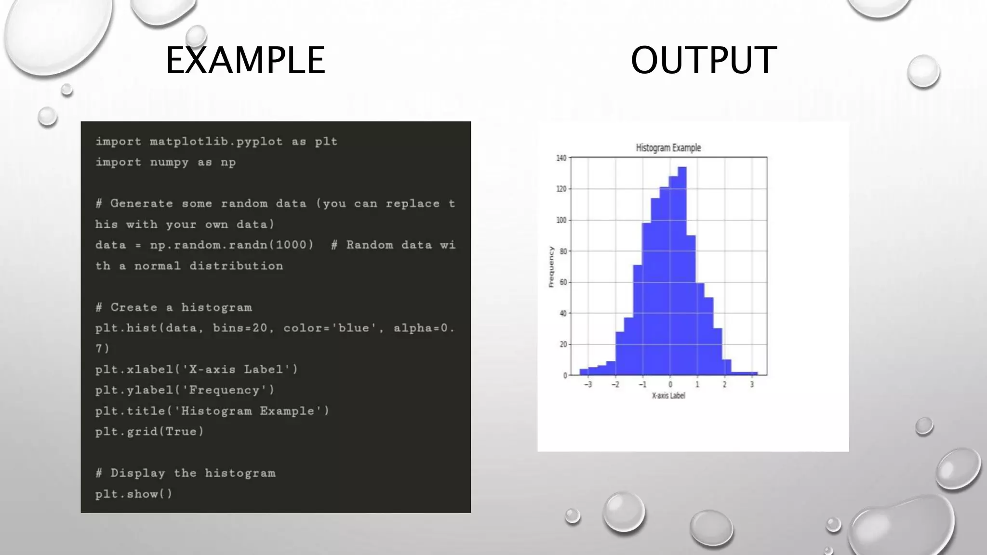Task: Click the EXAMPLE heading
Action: [x=245, y=60]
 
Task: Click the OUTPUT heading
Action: [x=703, y=60]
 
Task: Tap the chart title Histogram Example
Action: [x=668, y=148]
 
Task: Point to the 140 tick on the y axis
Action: [x=561, y=158]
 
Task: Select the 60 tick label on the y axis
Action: [x=563, y=282]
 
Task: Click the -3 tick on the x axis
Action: [x=588, y=384]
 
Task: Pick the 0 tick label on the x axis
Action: [x=670, y=384]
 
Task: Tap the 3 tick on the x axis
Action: [x=752, y=384]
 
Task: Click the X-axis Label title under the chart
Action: [x=668, y=396]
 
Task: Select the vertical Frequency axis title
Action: [x=551, y=267]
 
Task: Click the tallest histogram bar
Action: [x=682, y=270]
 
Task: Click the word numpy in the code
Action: [x=169, y=162]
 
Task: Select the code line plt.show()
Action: [x=133, y=494]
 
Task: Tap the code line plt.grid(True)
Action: [x=149, y=431]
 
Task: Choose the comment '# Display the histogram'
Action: [x=186, y=473]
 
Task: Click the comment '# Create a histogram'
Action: [x=173, y=307]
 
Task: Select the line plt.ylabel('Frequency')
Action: [x=185, y=390]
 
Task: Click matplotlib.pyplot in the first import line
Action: [x=216, y=142]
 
